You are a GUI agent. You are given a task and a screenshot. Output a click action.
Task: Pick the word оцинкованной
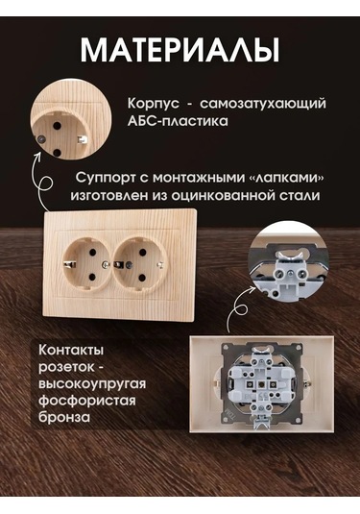225,197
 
